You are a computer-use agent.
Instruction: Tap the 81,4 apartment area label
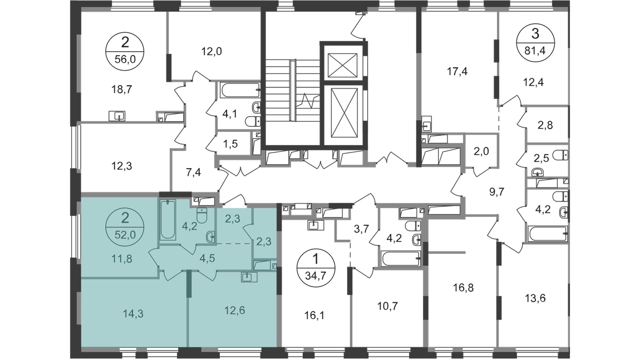[x=535, y=51]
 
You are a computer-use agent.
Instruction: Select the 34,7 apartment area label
[x=316, y=274]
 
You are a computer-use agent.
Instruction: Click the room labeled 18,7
[x=122, y=89]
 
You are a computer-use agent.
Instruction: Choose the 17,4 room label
[x=457, y=72]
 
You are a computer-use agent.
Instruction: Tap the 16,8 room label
[x=463, y=288]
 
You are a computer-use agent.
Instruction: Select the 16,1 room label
[x=314, y=315]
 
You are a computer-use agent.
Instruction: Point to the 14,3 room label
[x=133, y=314]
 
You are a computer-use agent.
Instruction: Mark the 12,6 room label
[x=234, y=310]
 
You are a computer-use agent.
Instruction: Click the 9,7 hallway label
[x=496, y=192]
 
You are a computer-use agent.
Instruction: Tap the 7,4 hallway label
[x=193, y=172]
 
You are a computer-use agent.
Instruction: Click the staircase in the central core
[x=292, y=91]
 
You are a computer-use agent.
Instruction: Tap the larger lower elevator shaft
[x=342, y=114]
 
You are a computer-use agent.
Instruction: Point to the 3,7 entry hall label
[x=361, y=229]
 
